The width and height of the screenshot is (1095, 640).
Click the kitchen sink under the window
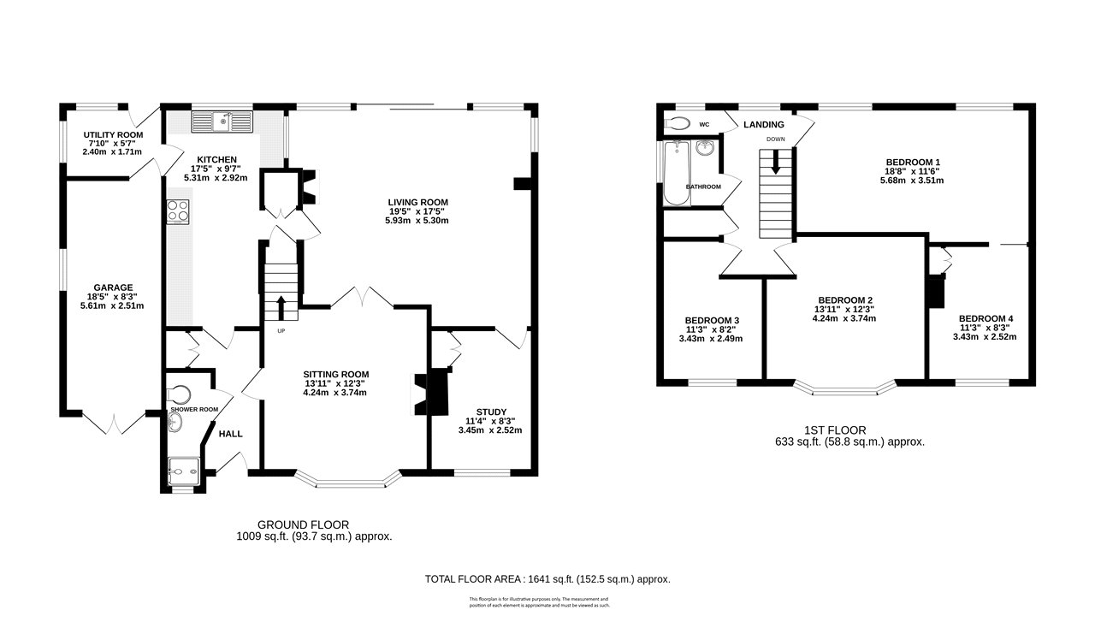point(222,122)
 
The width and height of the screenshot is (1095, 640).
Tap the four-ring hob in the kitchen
point(178,210)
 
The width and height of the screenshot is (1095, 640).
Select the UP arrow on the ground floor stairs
point(281,306)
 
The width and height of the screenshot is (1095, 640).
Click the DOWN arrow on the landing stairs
point(776,163)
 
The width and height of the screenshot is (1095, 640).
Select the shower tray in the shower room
point(185,467)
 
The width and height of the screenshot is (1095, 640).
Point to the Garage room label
point(113,287)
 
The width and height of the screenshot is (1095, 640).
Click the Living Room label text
point(417,202)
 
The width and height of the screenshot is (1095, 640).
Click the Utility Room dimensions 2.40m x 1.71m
point(112,152)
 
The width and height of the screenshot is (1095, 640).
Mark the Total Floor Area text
point(547,579)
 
